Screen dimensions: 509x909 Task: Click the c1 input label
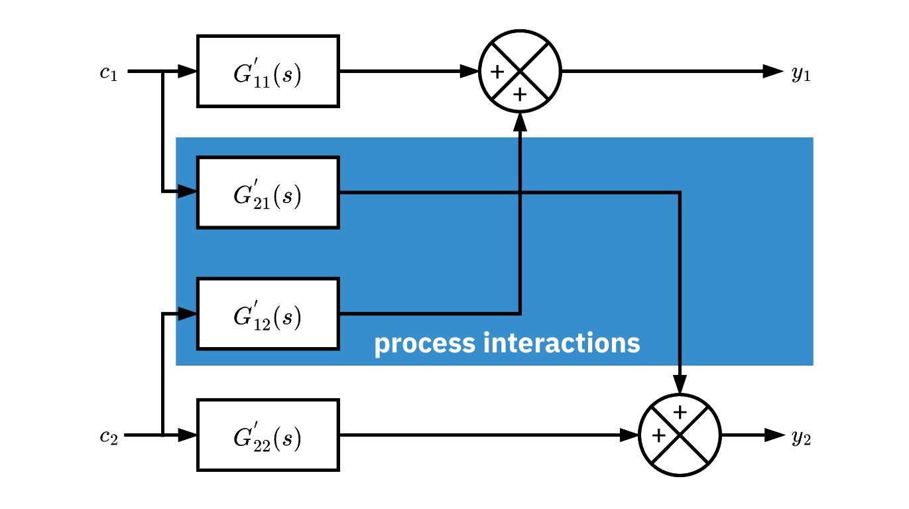[x=109, y=72]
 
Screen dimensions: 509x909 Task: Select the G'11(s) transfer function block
[x=268, y=72]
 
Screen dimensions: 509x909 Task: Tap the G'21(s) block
[x=268, y=193]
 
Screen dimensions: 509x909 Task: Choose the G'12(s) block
[x=268, y=315]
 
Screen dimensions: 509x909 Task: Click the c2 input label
[x=109, y=437]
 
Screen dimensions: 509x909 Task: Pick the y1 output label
[x=801, y=73]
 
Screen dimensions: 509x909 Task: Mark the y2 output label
[x=801, y=437]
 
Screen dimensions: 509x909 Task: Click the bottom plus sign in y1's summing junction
[x=520, y=95]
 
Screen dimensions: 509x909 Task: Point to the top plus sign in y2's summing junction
[x=680, y=413]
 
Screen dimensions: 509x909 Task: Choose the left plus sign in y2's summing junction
[x=658, y=435]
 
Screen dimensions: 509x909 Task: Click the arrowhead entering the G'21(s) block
[x=188, y=192]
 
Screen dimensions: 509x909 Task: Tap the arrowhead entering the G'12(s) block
[x=188, y=314]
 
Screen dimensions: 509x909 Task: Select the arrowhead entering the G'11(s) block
[x=188, y=72]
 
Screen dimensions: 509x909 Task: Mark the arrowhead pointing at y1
[x=773, y=72]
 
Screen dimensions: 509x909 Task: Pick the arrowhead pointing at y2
[x=774, y=435]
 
